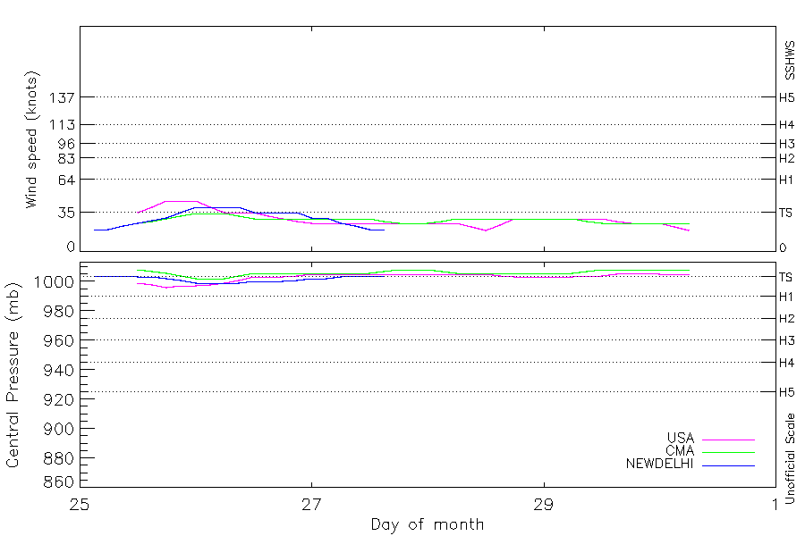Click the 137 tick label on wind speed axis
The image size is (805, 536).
click(x=62, y=97)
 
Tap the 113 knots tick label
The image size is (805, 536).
click(x=62, y=125)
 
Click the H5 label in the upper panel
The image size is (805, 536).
click(x=786, y=97)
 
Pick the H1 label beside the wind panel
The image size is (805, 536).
click(x=786, y=180)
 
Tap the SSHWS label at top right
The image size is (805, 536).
click(x=790, y=61)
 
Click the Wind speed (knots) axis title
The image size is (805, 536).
click(x=32, y=139)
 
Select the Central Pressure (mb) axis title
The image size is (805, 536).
click(x=13, y=375)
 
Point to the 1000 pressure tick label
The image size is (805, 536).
click(x=55, y=281)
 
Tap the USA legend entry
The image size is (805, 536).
click(x=681, y=438)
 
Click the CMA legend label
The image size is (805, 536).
click(x=681, y=451)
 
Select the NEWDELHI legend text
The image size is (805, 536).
click(x=660, y=465)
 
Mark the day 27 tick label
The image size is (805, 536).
click(x=311, y=506)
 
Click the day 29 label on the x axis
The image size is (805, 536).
click(x=544, y=506)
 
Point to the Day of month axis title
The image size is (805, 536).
click(x=428, y=524)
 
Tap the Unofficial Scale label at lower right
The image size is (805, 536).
click(x=790, y=458)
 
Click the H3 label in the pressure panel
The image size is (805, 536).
click(x=786, y=340)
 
